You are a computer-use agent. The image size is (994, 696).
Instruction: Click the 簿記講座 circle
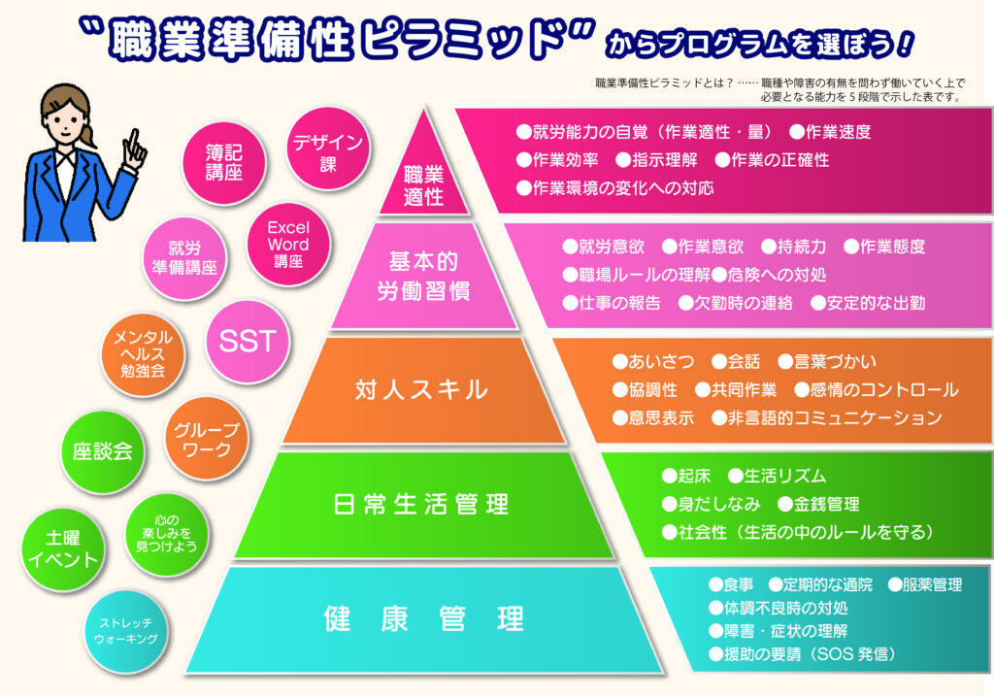click(224, 163)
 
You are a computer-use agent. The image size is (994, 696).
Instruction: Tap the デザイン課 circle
click(328, 149)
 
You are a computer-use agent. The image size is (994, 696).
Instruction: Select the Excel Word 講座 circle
click(288, 244)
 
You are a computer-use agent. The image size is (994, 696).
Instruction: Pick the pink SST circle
click(248, 341)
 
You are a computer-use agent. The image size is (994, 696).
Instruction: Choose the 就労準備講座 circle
click(184, 258)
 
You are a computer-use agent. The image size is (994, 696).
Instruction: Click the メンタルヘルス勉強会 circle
click(143, 354)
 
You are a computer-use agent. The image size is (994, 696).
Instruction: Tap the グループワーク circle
click(207, 439)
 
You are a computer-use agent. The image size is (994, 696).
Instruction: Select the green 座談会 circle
click(103, 451)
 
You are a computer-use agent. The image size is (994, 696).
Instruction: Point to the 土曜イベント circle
click(63, 549)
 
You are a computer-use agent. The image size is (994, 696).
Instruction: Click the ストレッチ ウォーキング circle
click(126, 631)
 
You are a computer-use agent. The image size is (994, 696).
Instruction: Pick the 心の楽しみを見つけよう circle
click(167, 534)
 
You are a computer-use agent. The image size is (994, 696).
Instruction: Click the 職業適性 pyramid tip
click(423, 111)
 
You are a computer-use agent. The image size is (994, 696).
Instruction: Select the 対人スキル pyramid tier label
click(421, 389)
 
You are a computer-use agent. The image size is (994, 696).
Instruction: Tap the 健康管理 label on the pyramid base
click(423, 618)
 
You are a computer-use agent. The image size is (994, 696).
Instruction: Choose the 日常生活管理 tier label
click(421, 504)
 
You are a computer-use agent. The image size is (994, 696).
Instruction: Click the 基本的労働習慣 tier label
click(423, 276)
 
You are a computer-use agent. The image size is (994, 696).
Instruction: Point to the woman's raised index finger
click(134, 141)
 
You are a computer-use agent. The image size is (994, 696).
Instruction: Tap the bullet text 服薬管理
click(925, 584)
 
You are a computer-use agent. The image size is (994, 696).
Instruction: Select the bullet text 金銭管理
click(818, 504)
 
